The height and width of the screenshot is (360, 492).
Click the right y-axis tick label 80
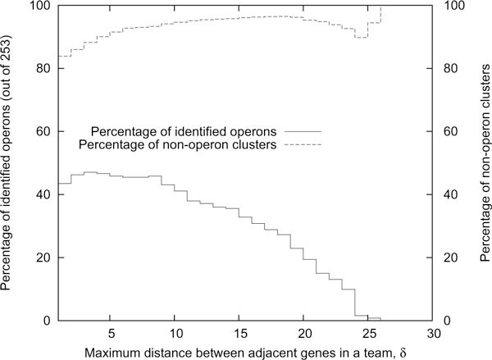(449, 69)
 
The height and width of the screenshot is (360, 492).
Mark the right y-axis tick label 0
(446, 321)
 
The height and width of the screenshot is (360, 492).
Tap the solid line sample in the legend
(300, 131)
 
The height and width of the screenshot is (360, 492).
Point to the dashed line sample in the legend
(300, 145)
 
